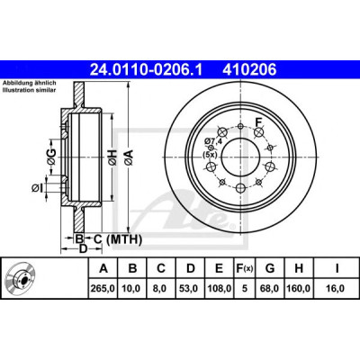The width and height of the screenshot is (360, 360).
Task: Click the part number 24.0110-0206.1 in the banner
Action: click(x=147, y=70)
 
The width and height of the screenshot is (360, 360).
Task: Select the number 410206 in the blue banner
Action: click(x=249, y=70)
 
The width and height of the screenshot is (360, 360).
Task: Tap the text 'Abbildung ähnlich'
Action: click(x=30, y=83)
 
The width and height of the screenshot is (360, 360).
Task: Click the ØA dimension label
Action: click(x=129, y=157)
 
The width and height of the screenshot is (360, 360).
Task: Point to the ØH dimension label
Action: click(x=112, y=157)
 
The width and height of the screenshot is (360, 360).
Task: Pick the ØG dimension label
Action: click(x=51, y=157)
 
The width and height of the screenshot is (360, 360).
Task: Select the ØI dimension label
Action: click(x=37, y=188)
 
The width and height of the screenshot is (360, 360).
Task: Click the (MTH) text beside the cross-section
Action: click(x=124, y=239)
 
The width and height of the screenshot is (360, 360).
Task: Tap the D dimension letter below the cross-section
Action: click(x=83, y=248)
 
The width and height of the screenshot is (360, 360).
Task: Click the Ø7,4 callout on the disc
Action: click(x=212, y=140)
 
